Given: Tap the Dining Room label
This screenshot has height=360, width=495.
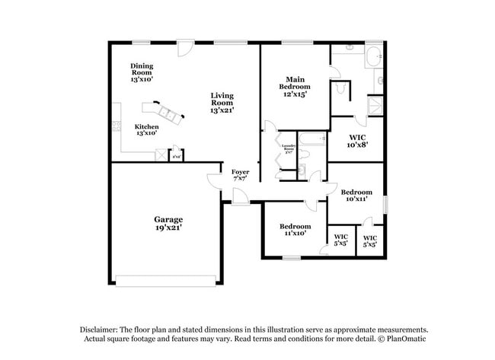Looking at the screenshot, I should [142, 72].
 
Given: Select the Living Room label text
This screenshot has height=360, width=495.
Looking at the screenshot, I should [222, 103].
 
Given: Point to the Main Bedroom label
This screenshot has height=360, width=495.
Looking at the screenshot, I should [294, 87].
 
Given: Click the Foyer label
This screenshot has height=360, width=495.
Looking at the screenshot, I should [240, 175].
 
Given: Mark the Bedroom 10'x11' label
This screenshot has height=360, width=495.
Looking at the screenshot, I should [356, 196].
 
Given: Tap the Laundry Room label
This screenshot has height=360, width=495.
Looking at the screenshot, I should [289, 148].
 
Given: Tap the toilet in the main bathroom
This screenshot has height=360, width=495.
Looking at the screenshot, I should [340, 89].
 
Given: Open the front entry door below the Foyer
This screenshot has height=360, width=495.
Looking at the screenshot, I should [240, 198].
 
